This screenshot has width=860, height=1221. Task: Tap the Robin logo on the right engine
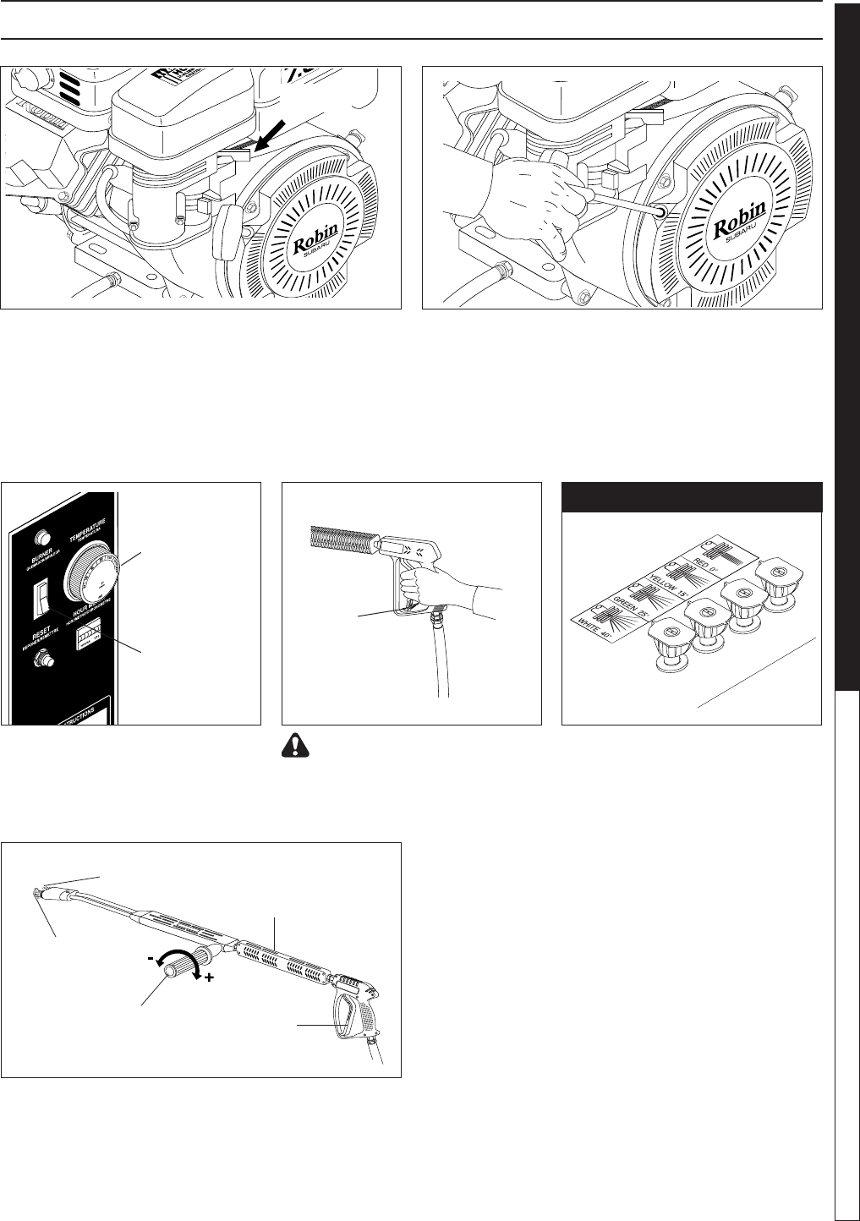click(739, 219)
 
